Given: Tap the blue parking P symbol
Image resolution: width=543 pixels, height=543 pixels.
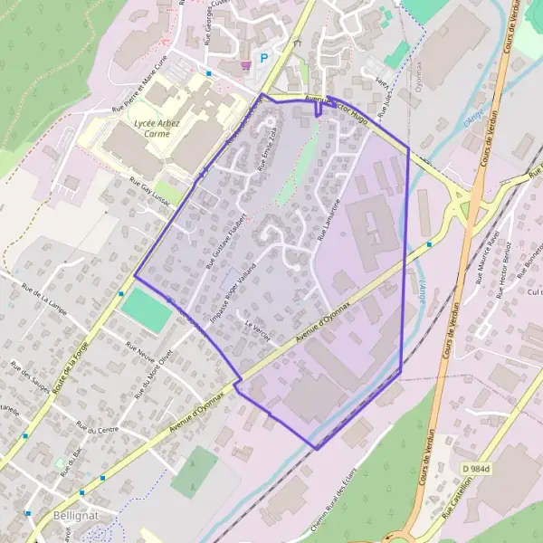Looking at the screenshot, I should click(265, 57).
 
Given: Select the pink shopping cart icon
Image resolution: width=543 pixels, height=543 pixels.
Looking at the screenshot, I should click(245, 64).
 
